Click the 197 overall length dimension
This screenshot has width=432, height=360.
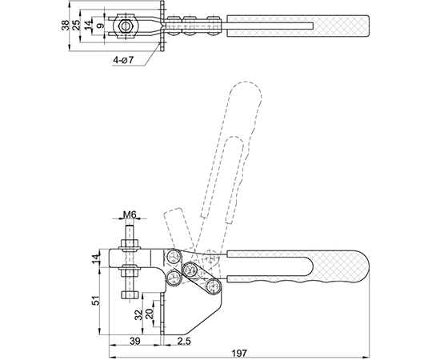pyautogui.click(x=239, y=353)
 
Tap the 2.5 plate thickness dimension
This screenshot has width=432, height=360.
pyautogui.click(x=184, y=341)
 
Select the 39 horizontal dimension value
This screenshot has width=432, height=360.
pyautogui.click(x=135, y=341)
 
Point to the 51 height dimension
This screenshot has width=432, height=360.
pyautogui.click(x=95, y=301)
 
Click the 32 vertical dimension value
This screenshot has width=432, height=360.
pyautogui.click(x=140, y=314)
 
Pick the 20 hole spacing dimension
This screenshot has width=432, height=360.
pyautogui.click(x=149, y=314)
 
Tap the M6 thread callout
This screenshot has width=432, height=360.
pyautogui.click(x=130, y=214)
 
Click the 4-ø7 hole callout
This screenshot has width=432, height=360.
pyautogui.click(x=123, y=59)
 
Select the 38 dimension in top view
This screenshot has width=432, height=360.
pyautogui.click(x=66, y=25)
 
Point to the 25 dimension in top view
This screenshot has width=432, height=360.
pyautogui.click(x=77, y=25)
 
